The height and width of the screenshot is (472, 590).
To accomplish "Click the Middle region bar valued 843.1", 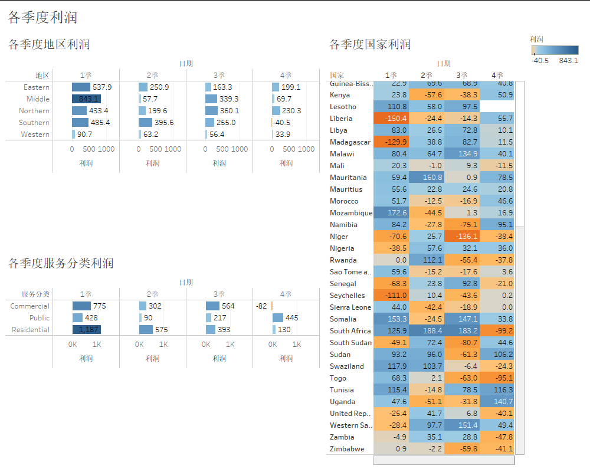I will pos(86,99).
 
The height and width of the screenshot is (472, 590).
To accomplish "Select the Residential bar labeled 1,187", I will pos(86,330).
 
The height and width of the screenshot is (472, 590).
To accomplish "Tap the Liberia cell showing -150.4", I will pos(391,119).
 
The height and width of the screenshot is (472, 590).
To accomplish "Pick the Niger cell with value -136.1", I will pos(461,237).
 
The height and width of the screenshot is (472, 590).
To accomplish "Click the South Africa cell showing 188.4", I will pos(426,331).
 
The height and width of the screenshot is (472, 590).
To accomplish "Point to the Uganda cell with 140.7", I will pos(497,402).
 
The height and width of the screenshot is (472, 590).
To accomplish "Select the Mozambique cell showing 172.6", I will pos(391,213).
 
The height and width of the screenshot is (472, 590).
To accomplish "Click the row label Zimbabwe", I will pos(347,449).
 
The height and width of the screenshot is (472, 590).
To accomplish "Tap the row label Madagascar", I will pos(350,142).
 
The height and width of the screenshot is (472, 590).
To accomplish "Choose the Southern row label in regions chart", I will pos(34,123).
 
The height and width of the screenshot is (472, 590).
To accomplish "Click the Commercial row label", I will pos(30,306).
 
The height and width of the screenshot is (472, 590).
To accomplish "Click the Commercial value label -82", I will pos(261,306).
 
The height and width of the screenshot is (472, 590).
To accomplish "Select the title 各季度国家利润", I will pos(370,44).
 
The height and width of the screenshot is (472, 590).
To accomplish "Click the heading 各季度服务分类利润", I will pos(61,263).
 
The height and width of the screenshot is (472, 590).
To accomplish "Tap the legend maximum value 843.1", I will pos(568,60).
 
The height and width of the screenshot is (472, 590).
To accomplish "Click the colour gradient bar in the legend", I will pos(555,50).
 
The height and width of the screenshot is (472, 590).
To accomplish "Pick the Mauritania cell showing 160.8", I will pos(426,178).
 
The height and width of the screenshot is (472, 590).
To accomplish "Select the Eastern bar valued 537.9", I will pos(81,87).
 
